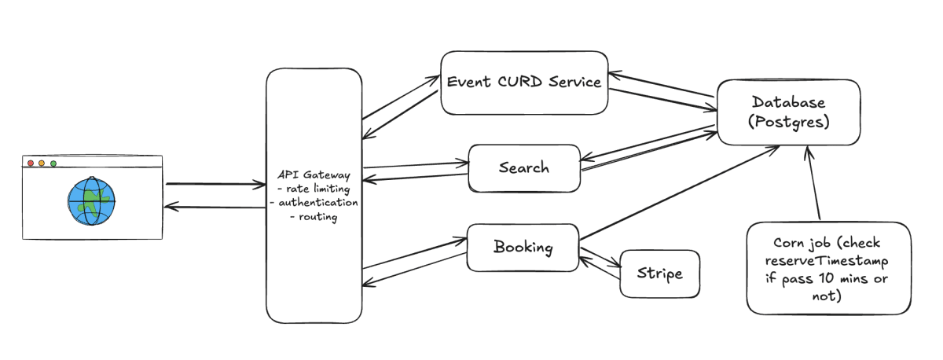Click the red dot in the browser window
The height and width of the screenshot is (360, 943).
pos(31,163)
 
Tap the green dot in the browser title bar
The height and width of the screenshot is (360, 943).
pos(53,163)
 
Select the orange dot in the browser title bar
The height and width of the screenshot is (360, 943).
pos(42,163)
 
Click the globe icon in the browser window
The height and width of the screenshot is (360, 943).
pos(91,201)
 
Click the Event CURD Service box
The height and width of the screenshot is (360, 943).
pos(524,83)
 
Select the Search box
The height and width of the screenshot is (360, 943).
pos(524,168)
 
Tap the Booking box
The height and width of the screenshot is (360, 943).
pos(523,247)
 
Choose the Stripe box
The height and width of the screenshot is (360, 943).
pos(659,274)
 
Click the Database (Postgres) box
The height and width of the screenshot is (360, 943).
pos(788,112)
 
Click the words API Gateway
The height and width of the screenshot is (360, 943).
pos(314,174)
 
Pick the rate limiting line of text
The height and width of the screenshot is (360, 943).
pos(314,189)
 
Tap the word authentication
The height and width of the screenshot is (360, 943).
pos(317,203)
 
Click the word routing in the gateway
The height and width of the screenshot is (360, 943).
pos(317,217)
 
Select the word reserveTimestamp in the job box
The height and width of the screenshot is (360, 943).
pos(827,261)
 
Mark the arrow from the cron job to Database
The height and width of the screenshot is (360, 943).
pos(813,182)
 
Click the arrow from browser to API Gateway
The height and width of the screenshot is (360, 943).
pos(215,184)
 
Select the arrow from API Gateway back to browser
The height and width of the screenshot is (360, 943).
pos(215,207)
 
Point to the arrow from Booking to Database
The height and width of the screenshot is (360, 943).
pos(679,193)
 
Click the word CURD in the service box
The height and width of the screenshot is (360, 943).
pos(520,82)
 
